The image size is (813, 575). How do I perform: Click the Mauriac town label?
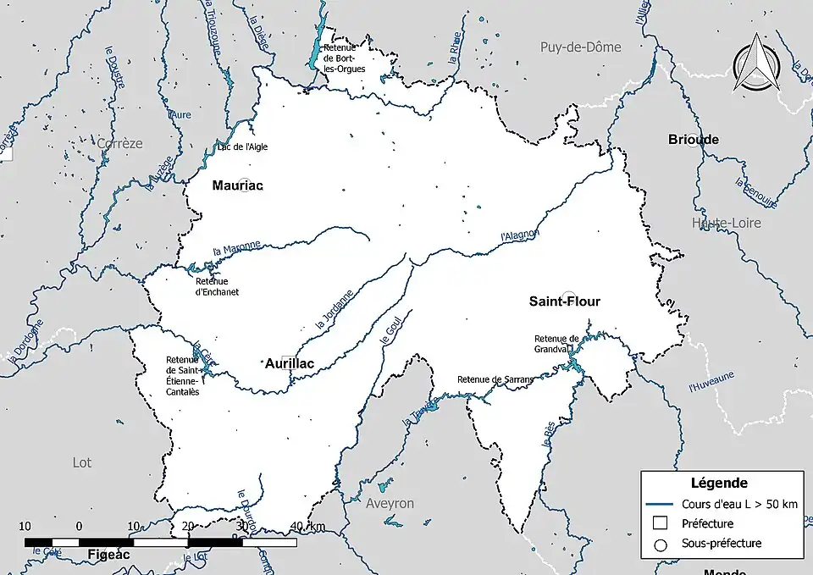238,185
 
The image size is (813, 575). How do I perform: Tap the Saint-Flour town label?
565,301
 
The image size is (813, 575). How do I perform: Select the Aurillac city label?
290,364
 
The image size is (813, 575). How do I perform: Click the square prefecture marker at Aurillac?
288,360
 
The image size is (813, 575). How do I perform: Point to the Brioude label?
693,140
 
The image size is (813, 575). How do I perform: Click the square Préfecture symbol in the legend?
661,524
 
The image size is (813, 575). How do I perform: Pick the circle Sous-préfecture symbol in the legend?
661,544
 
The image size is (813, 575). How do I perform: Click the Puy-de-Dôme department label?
581,47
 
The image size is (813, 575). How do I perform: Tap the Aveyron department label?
390,503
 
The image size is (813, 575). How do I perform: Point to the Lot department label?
82,462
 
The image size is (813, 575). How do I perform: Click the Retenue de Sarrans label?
495,379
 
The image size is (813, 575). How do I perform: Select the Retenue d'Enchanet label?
217,286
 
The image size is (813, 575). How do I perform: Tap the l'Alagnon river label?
519,229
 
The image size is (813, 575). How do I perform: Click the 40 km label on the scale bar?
307,527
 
